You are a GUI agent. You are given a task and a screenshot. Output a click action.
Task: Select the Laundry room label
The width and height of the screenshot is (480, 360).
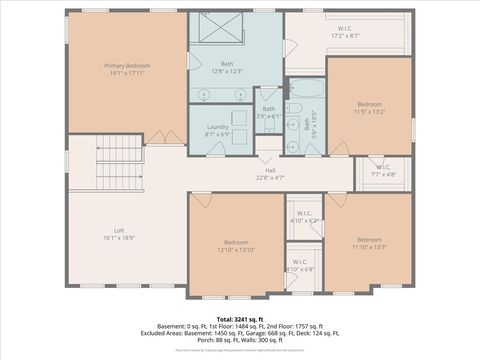pos(219,130)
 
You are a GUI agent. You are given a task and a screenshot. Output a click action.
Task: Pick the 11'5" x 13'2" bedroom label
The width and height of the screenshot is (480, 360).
pos(370,108)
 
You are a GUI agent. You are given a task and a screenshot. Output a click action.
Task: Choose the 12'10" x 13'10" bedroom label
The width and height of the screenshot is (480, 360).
pos(236,246)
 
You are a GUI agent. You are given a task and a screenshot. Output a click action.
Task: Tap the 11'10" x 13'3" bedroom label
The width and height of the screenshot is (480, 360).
pos(369,243)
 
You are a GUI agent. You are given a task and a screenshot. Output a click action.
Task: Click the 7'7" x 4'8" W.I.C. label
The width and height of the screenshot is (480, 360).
pos(383,170)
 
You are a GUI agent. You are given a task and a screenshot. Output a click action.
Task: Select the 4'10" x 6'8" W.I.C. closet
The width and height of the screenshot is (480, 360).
pos(301,266)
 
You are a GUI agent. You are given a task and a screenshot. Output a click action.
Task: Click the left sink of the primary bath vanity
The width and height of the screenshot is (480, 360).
pos(205,95)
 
